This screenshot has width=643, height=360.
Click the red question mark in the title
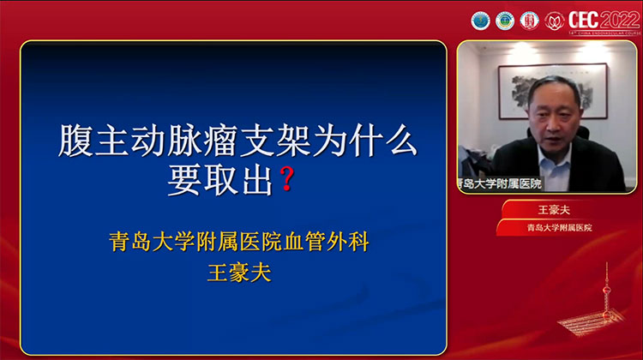pos(288,181)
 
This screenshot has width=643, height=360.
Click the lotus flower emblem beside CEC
pos(556,18)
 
